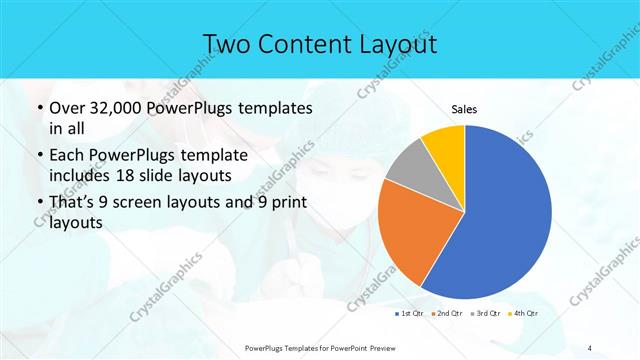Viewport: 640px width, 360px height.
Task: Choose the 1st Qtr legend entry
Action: tap(411, 314)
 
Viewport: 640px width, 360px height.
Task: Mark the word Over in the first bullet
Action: tap(65, 109)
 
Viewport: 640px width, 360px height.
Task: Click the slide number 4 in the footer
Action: tap(590, 347)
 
